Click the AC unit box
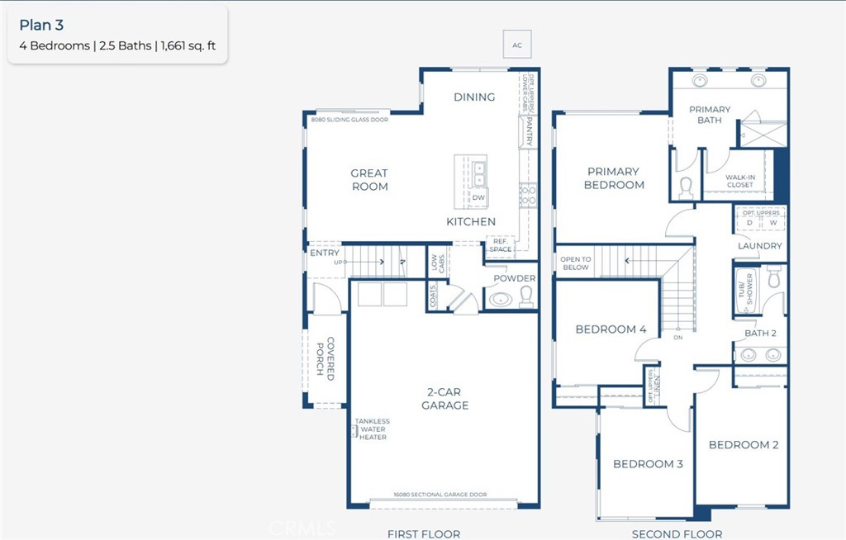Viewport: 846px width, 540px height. (x=517, y=44)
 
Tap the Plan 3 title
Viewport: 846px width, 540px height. (x=41, y=26)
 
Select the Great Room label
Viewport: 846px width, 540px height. (x=369, y=180)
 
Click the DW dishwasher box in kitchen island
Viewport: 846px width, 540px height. (x=478, y=198)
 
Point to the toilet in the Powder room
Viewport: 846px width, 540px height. (x=526, y=296)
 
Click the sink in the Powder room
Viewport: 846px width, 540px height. (x=501, y=298)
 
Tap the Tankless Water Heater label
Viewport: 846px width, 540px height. (x=372, y=429)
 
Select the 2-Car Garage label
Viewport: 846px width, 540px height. (x=444, y=399)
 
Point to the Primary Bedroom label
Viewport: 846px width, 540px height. (x=614, y=178)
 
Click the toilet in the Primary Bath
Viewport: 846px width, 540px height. (x=687, y=188)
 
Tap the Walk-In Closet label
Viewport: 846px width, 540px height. (x=740, y=180)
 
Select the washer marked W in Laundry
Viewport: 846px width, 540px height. (x=773, y=223)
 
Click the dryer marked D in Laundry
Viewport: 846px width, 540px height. (x=749, y=223)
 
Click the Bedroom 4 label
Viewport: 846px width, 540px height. (x=611, y=329)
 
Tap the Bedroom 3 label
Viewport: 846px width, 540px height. (x=648, y=464)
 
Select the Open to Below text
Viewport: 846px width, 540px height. (x=575, y=263)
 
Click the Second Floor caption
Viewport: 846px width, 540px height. (x=677, y=533)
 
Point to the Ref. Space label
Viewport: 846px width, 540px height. (x=500, y=245)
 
